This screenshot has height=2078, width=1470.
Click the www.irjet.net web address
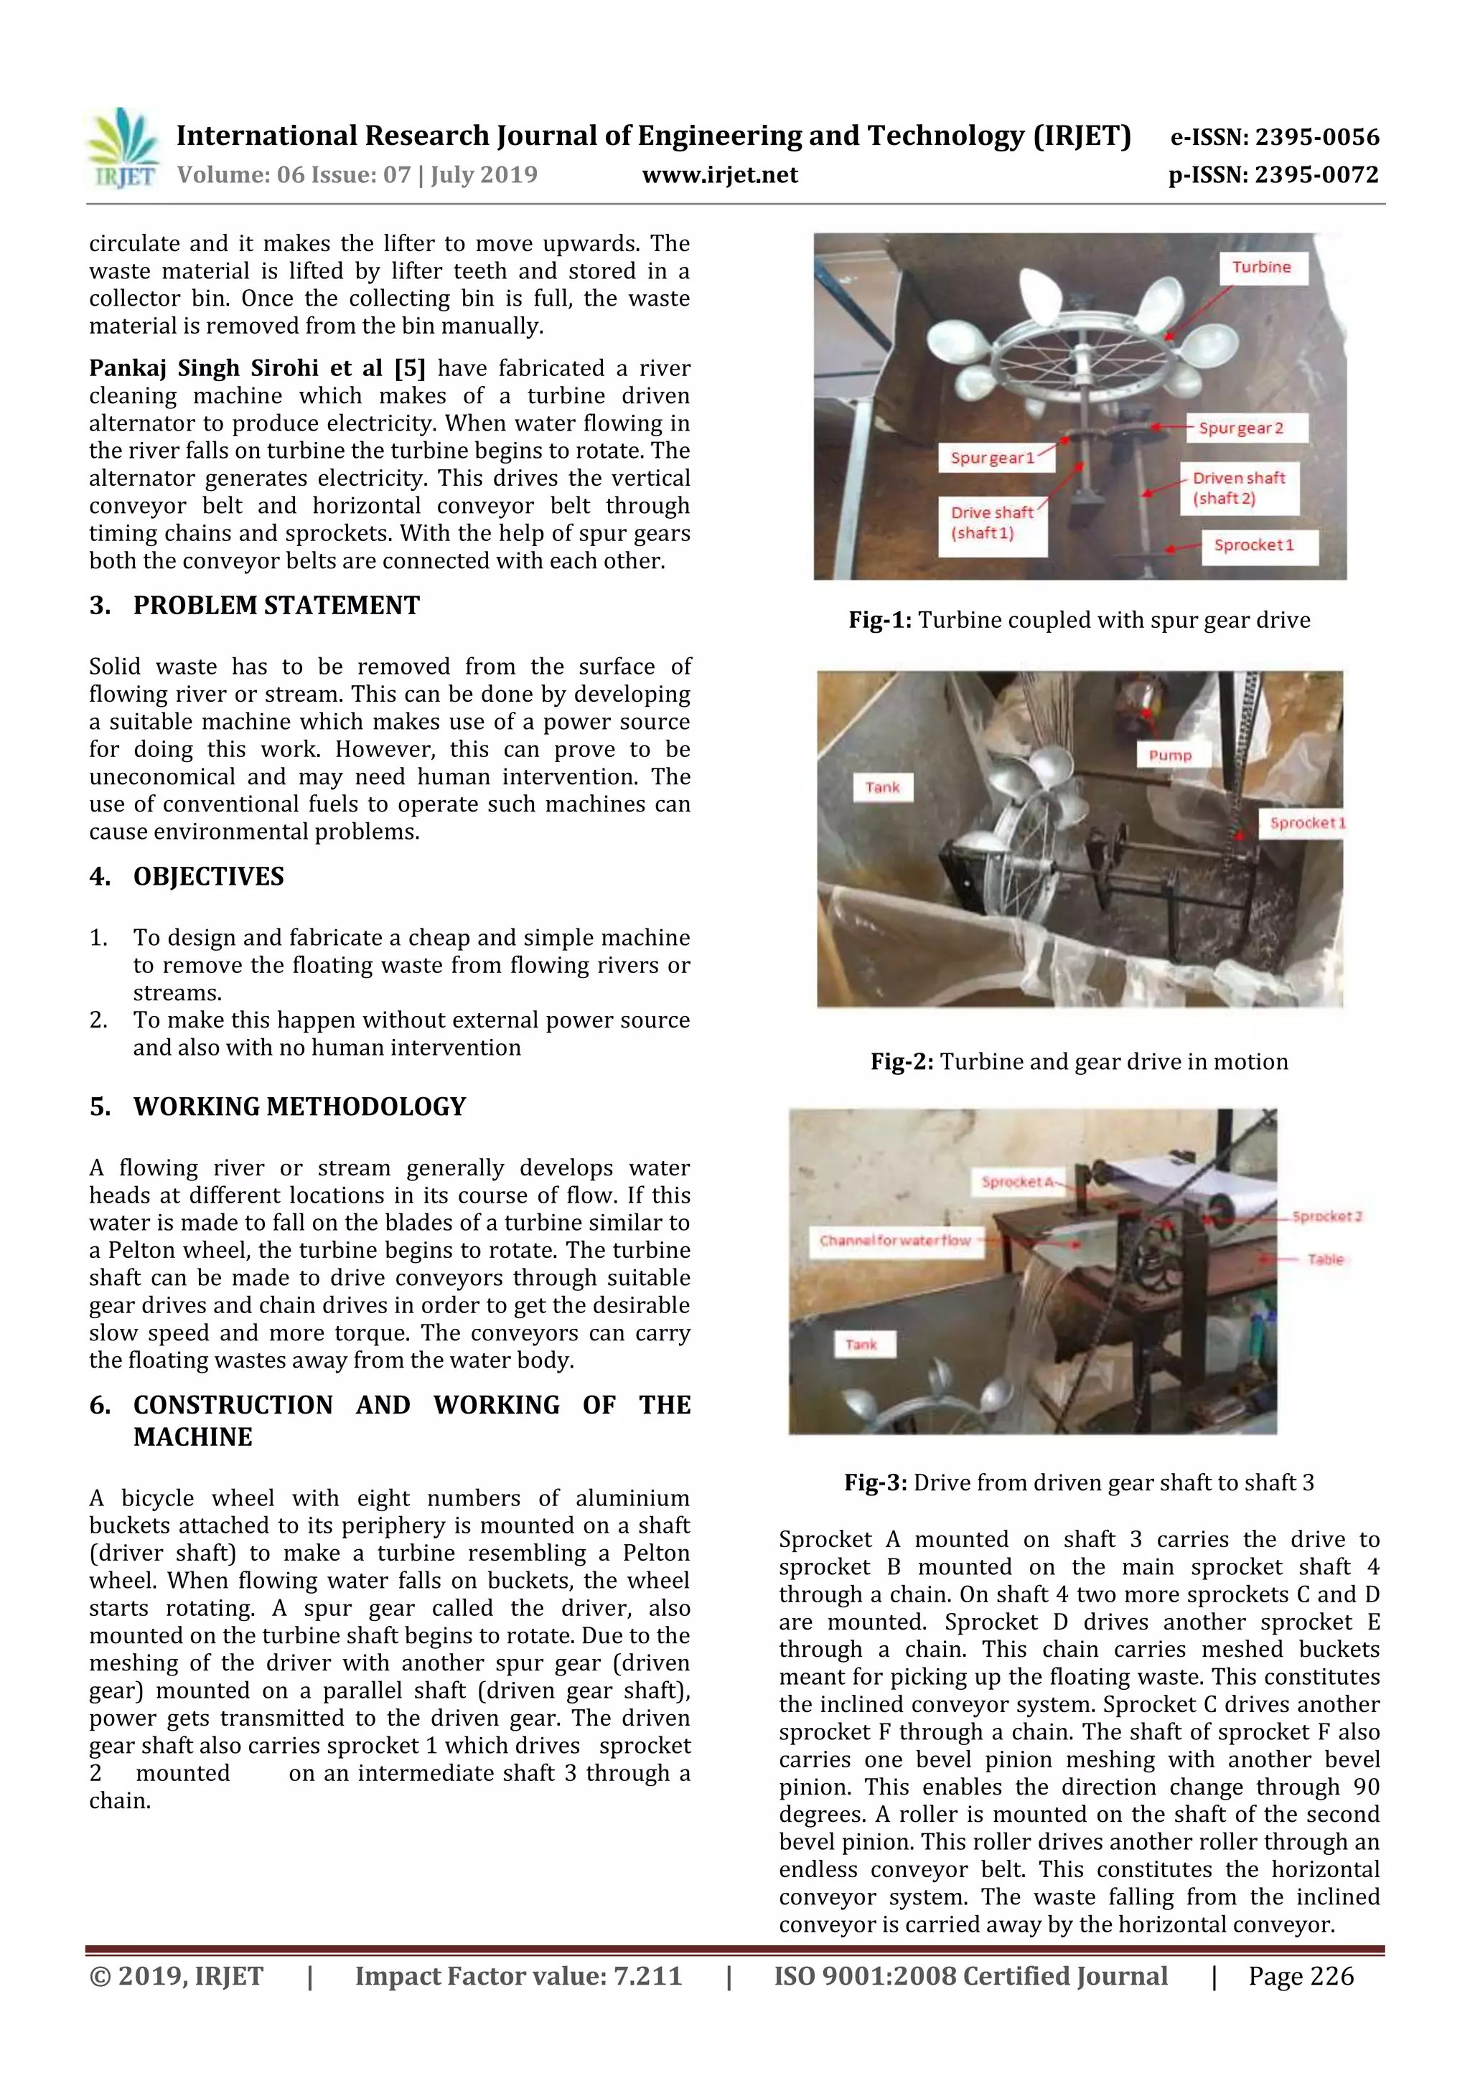pos(720,174)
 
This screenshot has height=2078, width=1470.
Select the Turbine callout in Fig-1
pos(1261,267)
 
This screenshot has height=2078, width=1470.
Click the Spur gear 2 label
pos(1241,428)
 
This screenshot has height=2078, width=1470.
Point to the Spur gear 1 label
pos(992,458)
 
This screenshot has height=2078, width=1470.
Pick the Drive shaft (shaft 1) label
pos(991,522)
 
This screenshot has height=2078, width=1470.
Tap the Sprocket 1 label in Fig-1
pos(1254,545)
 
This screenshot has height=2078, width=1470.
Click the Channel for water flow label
pos(894,1240)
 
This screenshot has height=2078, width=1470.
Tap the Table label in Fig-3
pos(1325,1259)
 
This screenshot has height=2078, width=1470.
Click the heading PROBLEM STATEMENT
pos(276,606)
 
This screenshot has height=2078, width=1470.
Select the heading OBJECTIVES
pos(208,876)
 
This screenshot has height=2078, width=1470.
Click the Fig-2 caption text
pos(1079,1062)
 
